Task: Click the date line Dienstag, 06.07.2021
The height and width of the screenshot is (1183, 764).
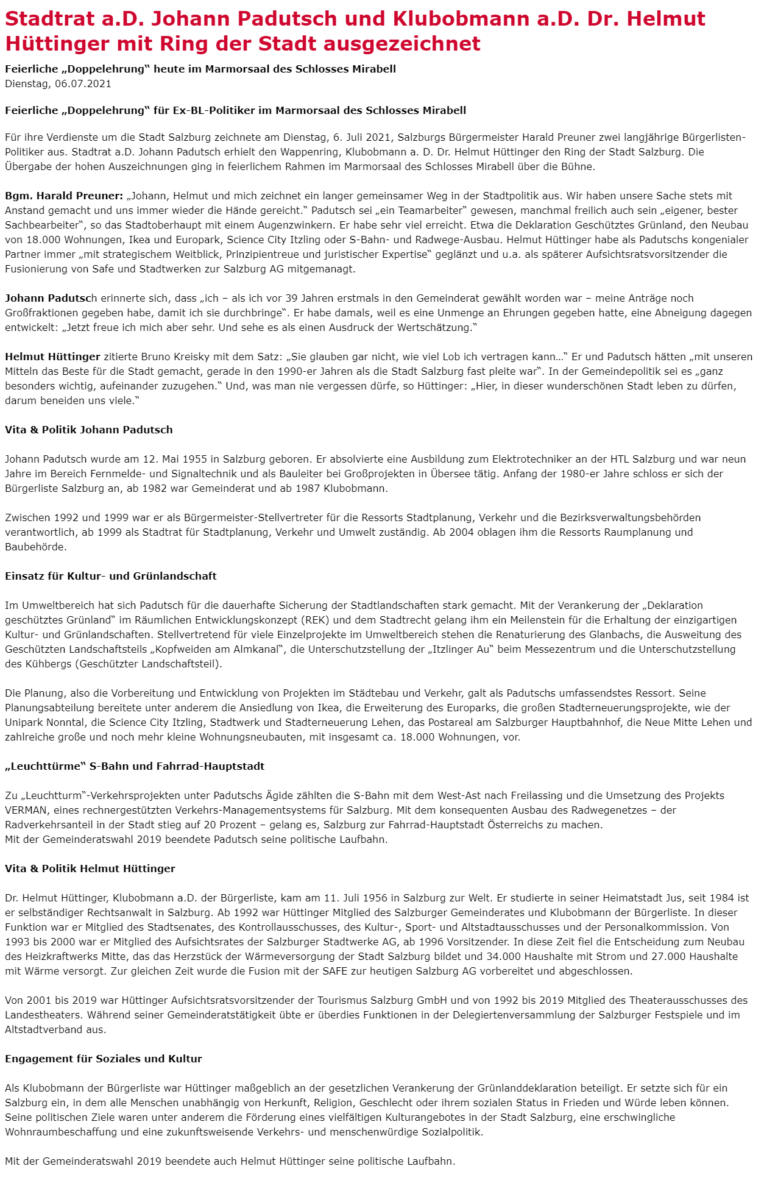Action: point(58,83)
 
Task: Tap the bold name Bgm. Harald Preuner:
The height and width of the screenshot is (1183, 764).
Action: point(64,196)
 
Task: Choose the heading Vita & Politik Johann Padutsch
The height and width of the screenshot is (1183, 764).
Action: point(89,430)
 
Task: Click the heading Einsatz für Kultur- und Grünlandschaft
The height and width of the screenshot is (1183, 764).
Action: point(111,576)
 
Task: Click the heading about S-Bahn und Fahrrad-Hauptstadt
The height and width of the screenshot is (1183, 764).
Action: point(135,766)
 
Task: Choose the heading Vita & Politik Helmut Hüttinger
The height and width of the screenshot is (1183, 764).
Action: point(90,869)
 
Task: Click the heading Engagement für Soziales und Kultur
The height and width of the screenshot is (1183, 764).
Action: point(104,1059)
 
